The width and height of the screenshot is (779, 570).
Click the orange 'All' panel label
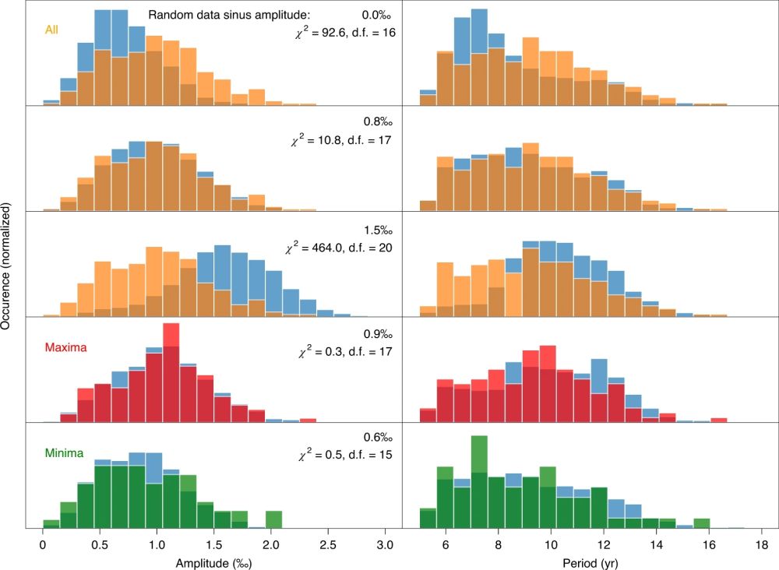[54, 30]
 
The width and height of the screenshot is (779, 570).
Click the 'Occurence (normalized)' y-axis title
[7, 266]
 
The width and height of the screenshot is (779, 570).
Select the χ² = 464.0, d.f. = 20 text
[340, 248]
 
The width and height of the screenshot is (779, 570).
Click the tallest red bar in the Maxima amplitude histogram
[172, 374]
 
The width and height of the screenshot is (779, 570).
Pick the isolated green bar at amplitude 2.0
[273, 519]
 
